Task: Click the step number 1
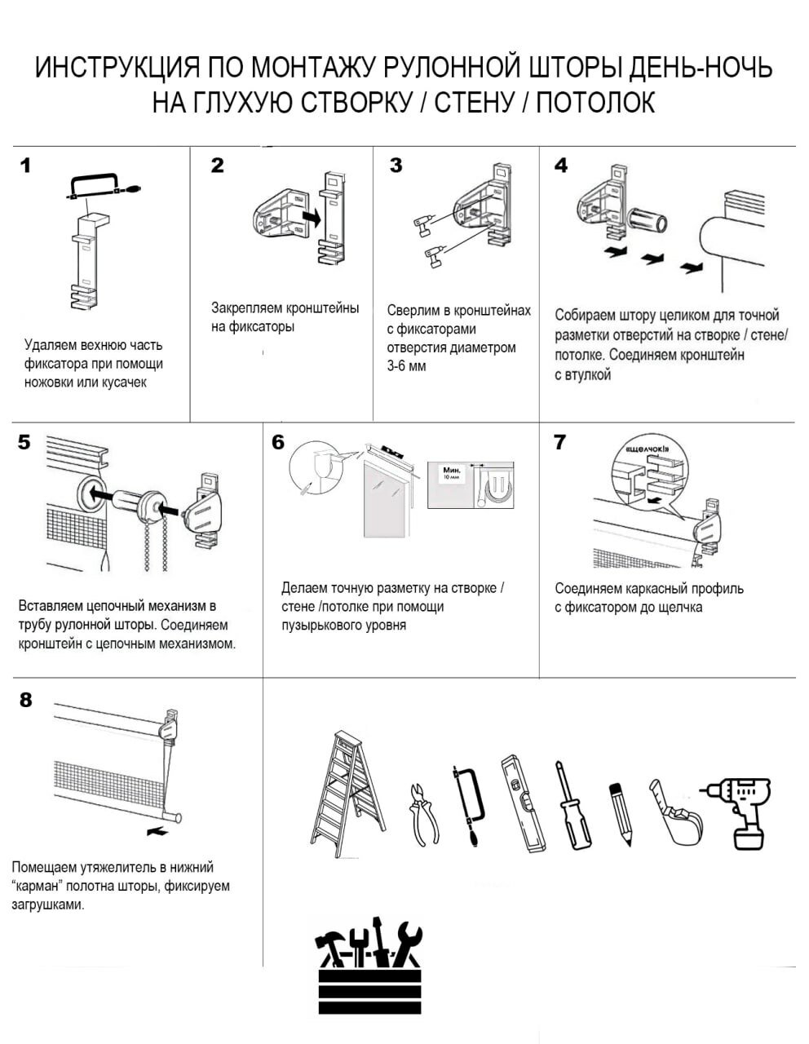[x=25, y=166]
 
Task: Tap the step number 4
[x=561, y=166]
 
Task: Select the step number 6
[x=278, y=442]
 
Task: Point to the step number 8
[x=26, y=700]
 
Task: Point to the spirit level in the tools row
[x=523, y=804]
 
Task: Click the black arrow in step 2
[x=310, y=217]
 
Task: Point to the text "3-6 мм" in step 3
[x=406, y=366]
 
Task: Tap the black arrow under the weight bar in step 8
[x=157, y=833]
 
